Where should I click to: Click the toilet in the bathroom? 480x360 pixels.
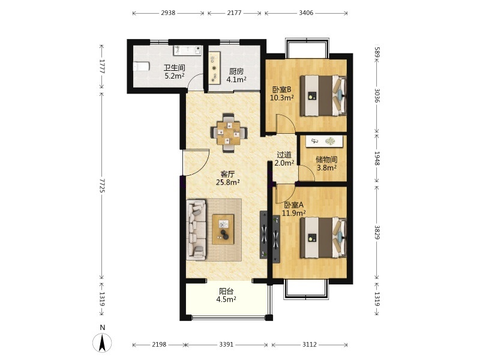[x=141, y=67]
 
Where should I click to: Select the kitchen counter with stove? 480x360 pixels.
[x=215, y=68]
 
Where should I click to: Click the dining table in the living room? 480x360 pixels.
[x=229, y=133]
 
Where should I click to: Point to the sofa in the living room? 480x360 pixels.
[x=196, y=230]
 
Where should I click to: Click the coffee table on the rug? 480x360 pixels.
[x=223, y=229]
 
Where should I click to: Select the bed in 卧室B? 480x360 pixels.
[x=323, y=96]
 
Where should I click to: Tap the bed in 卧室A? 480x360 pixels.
[x=323, y=238]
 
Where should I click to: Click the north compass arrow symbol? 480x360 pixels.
[x=102, y=342]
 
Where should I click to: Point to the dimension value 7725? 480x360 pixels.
[x=102, y=185]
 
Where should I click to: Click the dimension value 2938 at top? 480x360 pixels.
[x=168, y=13]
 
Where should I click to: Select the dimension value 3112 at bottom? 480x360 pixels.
[x=310, y=344]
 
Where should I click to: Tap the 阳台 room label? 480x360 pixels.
[x=226, y=292]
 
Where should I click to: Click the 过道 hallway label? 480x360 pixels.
[x=284, y=155]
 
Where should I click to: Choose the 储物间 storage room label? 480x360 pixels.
[x=326, y=160]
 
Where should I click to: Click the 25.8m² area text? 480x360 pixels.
[x=228, y=183]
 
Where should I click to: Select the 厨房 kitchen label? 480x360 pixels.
[x=236, y=71]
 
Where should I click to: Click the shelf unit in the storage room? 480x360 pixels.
[x=324, y=141]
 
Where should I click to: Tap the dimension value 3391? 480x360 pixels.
[x=226, y=344]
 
